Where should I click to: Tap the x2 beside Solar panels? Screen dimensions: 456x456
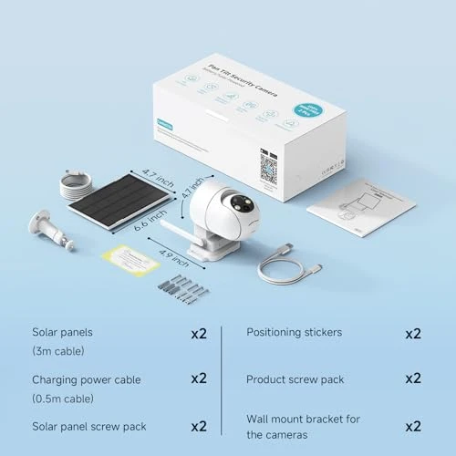point(199,334)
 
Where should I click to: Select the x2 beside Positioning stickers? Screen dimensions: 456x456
point(413,334)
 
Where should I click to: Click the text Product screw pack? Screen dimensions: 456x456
point(295,378)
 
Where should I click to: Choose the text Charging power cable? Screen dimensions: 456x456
point(87,379)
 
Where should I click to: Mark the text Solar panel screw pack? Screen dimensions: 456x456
point(88,426)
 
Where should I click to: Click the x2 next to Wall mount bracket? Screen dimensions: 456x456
point(413,426)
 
